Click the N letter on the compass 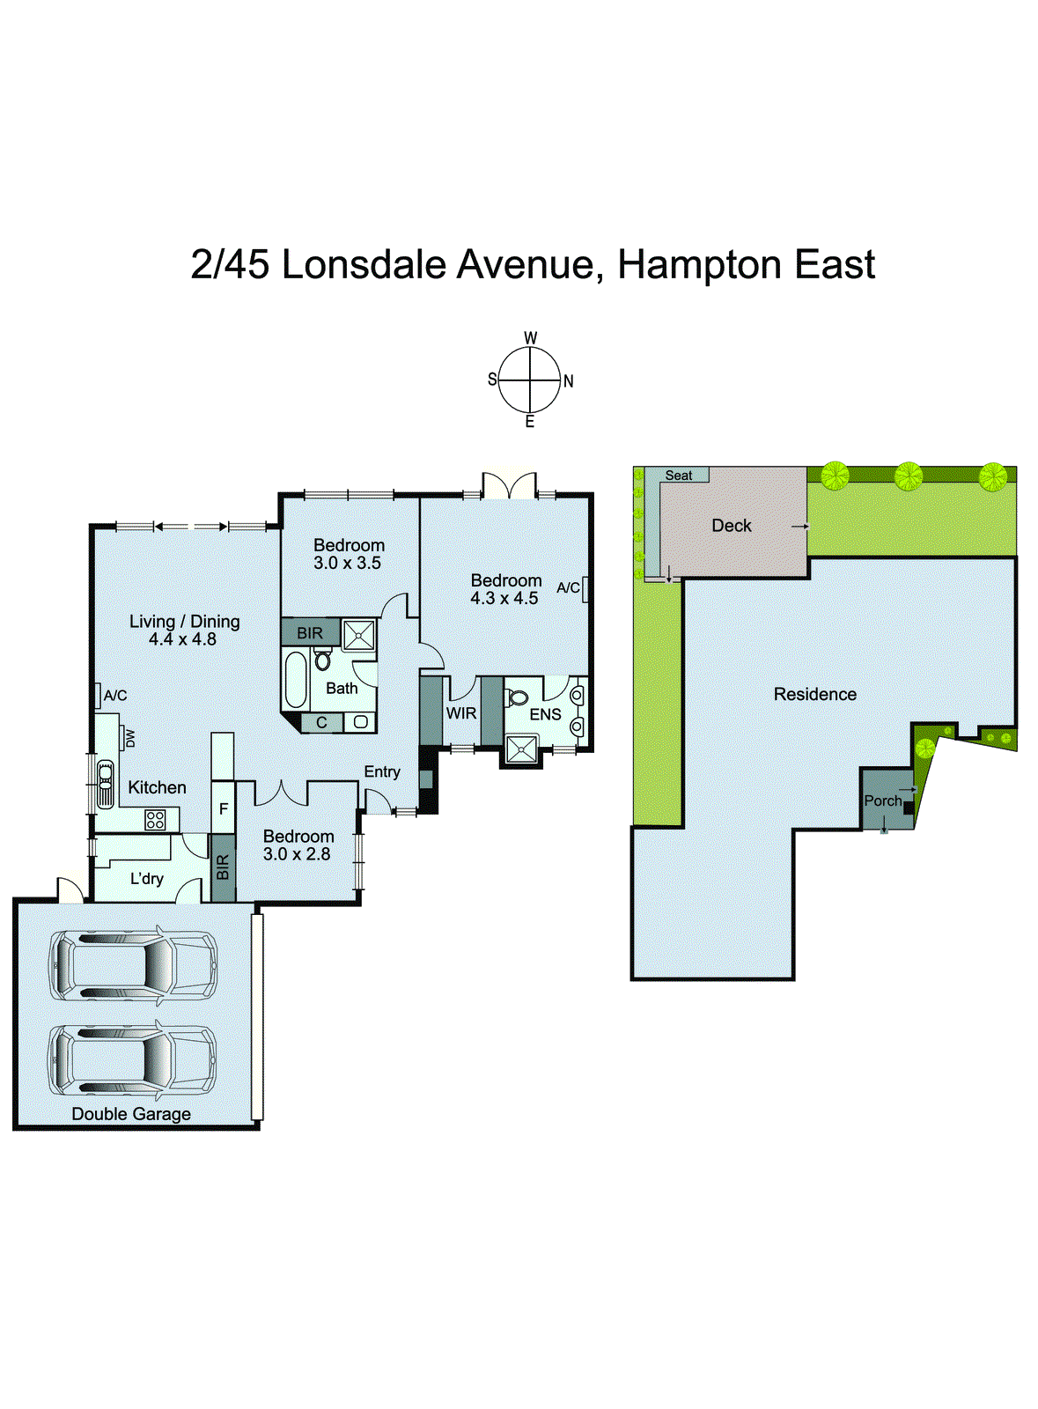tap(569, 381)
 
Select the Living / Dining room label tap(184, 621)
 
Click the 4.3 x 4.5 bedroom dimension tap(504, 598)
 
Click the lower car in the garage tap(133, 1059)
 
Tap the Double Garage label tap(131, 1114)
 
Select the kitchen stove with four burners tap(155, 820)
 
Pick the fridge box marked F tap(224, 808)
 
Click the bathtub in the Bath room tap(296, 679)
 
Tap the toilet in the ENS tap(517, 697)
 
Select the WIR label tap(460, 713)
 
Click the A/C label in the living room tap(115, 696)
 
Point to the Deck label tap(731, 526)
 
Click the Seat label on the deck tap(678, 476)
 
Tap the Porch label tap(882, 800)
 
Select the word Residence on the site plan tap(814, 694)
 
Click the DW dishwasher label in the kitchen tap(130, 738)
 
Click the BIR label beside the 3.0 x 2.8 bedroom tap(223, 867)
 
